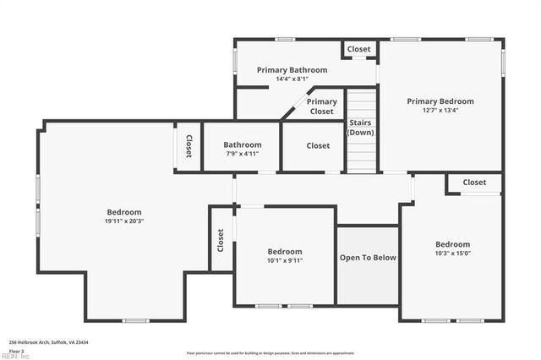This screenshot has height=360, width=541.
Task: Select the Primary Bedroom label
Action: (x=440, y=101)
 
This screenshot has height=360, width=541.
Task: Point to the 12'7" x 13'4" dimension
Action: (x=440, y=110)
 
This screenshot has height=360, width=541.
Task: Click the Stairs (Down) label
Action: (x=361, y=128)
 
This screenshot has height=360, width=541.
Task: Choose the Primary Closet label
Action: (x=322, y=106)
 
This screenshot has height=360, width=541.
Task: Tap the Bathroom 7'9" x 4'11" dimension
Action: (x=243, y=154)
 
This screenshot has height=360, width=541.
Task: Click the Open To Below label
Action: (x=368, y=258)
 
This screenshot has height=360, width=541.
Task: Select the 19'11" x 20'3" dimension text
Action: (x=124, y=221)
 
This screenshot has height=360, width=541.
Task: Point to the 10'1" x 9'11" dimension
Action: (x=285, y=260)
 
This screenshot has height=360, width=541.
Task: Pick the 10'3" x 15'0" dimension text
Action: (x=453, y=253)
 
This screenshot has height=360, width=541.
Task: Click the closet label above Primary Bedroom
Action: (x=359, y=50)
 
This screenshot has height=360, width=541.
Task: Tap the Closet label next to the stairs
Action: (x=318, y=146)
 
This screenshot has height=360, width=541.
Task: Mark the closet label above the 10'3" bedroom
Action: (x=474, y=183)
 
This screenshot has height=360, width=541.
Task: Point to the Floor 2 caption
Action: (x=17, y=350)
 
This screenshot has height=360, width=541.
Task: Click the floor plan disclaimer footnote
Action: (x=270, y=352)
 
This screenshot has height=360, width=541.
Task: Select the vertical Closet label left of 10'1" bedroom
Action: (x=221, y=241)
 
